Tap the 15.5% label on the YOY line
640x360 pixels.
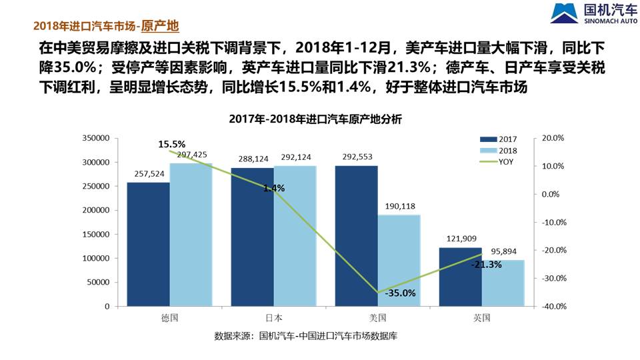pyautogui.click(x=172, y=143)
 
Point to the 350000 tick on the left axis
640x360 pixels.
pyautogui.click(x=96, y=138)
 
